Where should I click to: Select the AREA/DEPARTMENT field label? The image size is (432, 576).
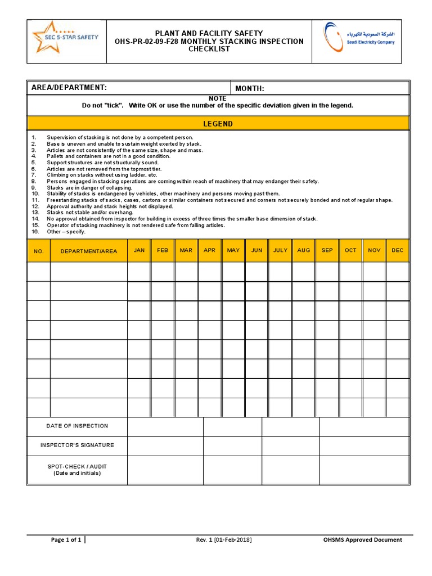tap(69, 88)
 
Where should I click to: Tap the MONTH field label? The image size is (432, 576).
tap(250, 88)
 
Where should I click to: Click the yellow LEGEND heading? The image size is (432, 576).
tap(218, 124)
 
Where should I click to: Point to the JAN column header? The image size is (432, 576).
tap(139, 250)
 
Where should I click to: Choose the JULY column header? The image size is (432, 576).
tap(280, 250)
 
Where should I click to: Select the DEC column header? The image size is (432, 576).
tap(398, 250)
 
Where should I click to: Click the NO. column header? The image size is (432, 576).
tap(39, 251)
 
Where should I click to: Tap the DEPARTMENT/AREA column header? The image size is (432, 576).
tap(89, 251)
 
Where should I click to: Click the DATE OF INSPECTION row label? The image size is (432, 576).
tap(77, 426)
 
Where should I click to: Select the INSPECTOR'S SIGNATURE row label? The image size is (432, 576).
tap(77, 445)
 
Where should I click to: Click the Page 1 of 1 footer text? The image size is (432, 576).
tap(66, 540)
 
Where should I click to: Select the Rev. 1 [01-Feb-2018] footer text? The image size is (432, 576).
tap(223, 540)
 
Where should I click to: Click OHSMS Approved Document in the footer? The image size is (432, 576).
tap(362, 540)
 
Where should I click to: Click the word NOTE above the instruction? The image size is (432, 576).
tap(218, 98)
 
